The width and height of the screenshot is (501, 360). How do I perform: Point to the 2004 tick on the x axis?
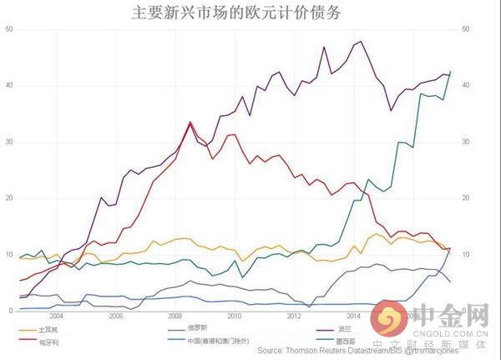click(55, 317)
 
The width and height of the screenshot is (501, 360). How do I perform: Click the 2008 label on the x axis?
click(175, 317)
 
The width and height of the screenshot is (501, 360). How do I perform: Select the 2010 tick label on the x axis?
click(235, 317)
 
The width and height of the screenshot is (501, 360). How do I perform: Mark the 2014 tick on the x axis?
click(353, 317)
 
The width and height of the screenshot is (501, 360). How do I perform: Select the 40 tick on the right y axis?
click(465, 85)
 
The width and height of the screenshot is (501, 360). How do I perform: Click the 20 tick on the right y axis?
click(465, 198)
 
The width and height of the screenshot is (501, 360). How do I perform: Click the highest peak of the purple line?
click(360, 41)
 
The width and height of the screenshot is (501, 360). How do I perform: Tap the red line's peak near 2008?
click(190, 122)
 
